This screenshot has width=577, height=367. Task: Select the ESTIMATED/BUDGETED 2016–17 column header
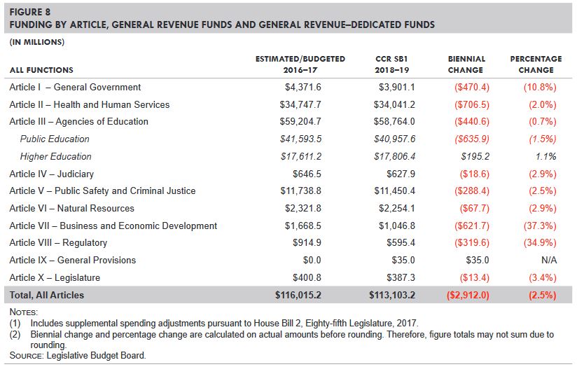[300, 64]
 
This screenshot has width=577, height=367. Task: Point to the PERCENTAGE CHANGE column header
[536, 64]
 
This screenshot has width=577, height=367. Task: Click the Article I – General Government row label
[75, 88]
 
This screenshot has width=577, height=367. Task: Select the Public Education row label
[55, 139]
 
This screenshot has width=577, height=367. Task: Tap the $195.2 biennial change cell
[476, 157]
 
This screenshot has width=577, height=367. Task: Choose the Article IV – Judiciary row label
[51, 174]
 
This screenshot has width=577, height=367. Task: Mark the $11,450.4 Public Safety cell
[396, 191]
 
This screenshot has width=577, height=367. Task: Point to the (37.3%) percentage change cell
[539, 226]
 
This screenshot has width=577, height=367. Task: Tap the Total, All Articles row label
[46, 296]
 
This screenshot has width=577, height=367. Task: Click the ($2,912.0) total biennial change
[466, 296]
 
